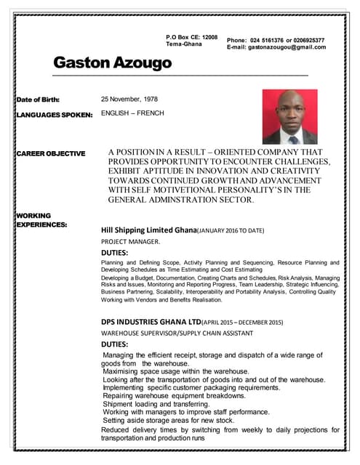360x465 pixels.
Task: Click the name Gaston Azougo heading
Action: (113, 63)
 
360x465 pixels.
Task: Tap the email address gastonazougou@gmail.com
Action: (287, 47)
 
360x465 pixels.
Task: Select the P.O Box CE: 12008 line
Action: (191, 36)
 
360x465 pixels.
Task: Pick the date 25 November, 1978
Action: (129, 99)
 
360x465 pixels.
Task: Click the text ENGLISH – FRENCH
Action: (132, 113)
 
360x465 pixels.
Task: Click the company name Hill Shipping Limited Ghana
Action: (149, 230)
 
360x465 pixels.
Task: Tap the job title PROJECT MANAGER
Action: (130, 241)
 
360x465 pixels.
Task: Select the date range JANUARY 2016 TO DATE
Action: (231, 230)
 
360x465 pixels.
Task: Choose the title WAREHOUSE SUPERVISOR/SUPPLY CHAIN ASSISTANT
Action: (177, 333)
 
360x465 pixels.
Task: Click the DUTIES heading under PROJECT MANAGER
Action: (115, 252)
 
